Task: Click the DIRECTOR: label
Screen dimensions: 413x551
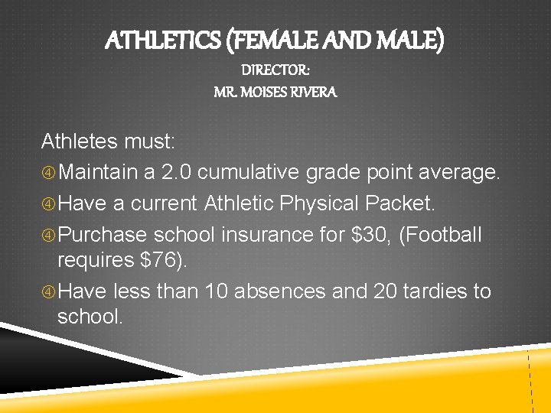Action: coord(275,70)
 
